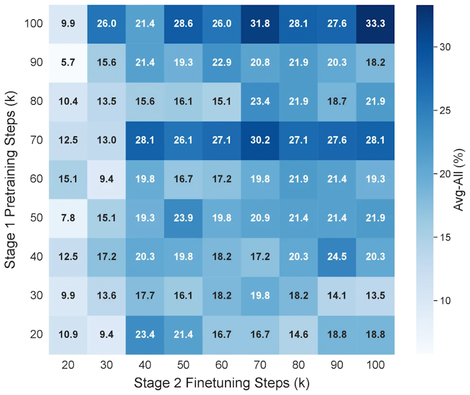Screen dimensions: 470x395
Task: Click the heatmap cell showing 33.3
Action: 375,24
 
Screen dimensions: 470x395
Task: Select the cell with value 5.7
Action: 68,63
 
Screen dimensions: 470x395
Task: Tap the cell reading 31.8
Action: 260,24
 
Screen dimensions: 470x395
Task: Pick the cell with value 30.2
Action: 260,140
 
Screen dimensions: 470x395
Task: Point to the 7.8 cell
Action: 68,218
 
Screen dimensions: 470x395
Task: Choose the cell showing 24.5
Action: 337,257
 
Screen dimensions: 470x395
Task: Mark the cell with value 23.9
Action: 183,218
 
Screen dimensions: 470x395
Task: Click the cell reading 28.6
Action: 183,24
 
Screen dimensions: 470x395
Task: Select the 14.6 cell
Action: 298,335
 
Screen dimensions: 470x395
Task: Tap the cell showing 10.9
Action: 68,335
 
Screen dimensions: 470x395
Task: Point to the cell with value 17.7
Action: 145,296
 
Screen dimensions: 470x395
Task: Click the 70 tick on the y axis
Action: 36,140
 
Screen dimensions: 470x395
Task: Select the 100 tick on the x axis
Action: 375,365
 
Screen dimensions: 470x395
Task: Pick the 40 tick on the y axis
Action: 36,257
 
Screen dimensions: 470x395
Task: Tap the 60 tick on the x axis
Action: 221,365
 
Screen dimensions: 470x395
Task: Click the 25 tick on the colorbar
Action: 445,111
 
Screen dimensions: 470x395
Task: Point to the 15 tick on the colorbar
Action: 445,237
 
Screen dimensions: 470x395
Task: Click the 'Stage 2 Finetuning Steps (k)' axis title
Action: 221,383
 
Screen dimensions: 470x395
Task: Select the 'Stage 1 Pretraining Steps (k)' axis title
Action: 10,180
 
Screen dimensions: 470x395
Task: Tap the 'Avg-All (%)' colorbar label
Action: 458,180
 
